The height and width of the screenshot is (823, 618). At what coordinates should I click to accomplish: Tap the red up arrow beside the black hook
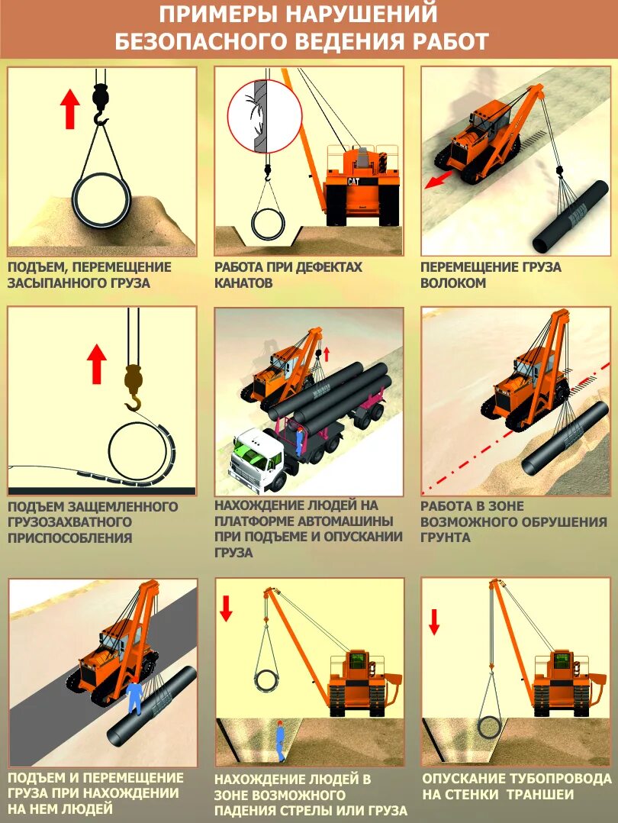(69, 108)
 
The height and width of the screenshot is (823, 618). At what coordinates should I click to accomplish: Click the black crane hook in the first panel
(101, 103)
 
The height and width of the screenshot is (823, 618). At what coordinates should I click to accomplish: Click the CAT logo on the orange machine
(353, 182)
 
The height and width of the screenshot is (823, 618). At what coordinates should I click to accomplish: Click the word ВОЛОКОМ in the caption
(453, 283)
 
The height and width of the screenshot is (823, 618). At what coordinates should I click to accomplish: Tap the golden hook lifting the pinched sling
(134, 387)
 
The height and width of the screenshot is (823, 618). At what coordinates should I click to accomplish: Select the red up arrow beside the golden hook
(97, 363)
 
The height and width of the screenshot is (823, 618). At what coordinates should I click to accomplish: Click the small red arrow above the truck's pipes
(327, 354)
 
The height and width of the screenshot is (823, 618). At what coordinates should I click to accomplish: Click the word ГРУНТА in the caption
(446, 537)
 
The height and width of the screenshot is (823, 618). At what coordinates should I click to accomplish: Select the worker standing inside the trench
(280, 740)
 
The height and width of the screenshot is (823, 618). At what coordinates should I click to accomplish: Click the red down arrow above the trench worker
(226, 608)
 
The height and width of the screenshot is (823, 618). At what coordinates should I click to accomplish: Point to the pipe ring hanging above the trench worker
(267, 681)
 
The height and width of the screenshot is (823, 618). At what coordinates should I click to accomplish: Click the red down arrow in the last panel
(434, 621)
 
